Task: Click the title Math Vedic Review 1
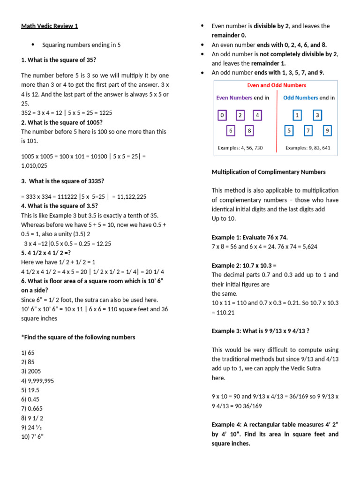(50, 26)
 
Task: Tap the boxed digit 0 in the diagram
(222, 115)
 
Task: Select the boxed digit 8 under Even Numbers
(249, 131)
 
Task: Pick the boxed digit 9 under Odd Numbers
(327, 131)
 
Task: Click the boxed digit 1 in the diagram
(297, 115)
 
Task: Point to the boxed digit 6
(231, 131)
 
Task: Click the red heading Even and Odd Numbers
(276, 85)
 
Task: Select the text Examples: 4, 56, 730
(240, 148)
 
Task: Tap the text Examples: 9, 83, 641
(308, 148)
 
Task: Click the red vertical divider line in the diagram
(277, 122)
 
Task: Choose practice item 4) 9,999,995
(37, 381)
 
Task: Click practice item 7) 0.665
(31, 409)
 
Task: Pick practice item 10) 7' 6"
(32, 437)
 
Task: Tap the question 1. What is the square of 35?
(59, 60)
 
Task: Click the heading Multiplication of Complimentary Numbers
(269, 172)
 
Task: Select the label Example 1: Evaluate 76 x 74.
(256, 237)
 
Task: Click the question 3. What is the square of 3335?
(62, 181)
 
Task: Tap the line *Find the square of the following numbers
(78, 337)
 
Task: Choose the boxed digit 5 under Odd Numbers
(289, 131)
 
